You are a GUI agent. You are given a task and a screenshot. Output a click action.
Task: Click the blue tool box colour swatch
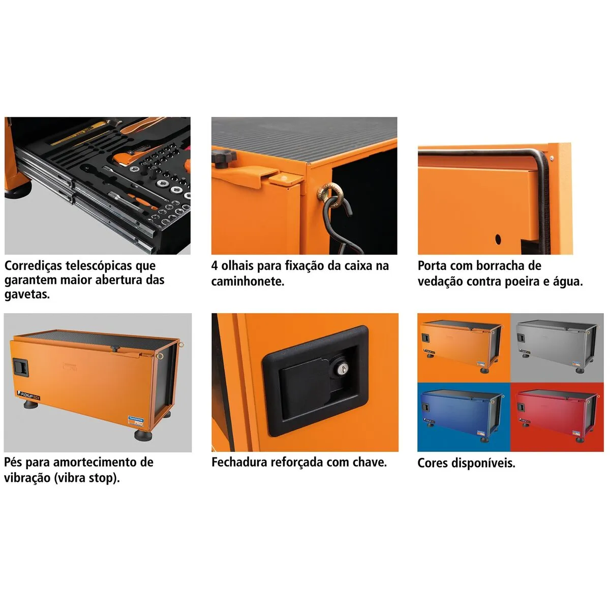click(x=464, y=417)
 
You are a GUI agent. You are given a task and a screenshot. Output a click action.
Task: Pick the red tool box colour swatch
click(x=557, y=417)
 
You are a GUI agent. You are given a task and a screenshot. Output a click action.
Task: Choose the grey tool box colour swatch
click(x=557, y=348)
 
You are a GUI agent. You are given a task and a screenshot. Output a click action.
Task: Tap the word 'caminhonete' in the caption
click(x=248, y=282)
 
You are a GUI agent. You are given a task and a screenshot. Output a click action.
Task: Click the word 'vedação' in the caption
click(x=440, y=282)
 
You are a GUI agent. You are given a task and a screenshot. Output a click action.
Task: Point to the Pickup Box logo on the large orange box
click(x=28, y=395)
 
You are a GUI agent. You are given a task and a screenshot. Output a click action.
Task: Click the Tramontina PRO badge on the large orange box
click(x=136, y=421)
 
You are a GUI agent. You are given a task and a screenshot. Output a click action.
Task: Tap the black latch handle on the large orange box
click(x=21, y=367)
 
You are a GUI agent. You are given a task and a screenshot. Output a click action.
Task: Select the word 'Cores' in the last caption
click(x=433, y=463)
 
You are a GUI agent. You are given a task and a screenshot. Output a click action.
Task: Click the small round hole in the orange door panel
click(x=498, y=239)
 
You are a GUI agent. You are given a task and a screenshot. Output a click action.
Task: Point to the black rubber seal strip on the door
click(x=543, y=203)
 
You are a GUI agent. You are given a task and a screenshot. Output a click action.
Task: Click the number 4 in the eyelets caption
click(x=215, y=266)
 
